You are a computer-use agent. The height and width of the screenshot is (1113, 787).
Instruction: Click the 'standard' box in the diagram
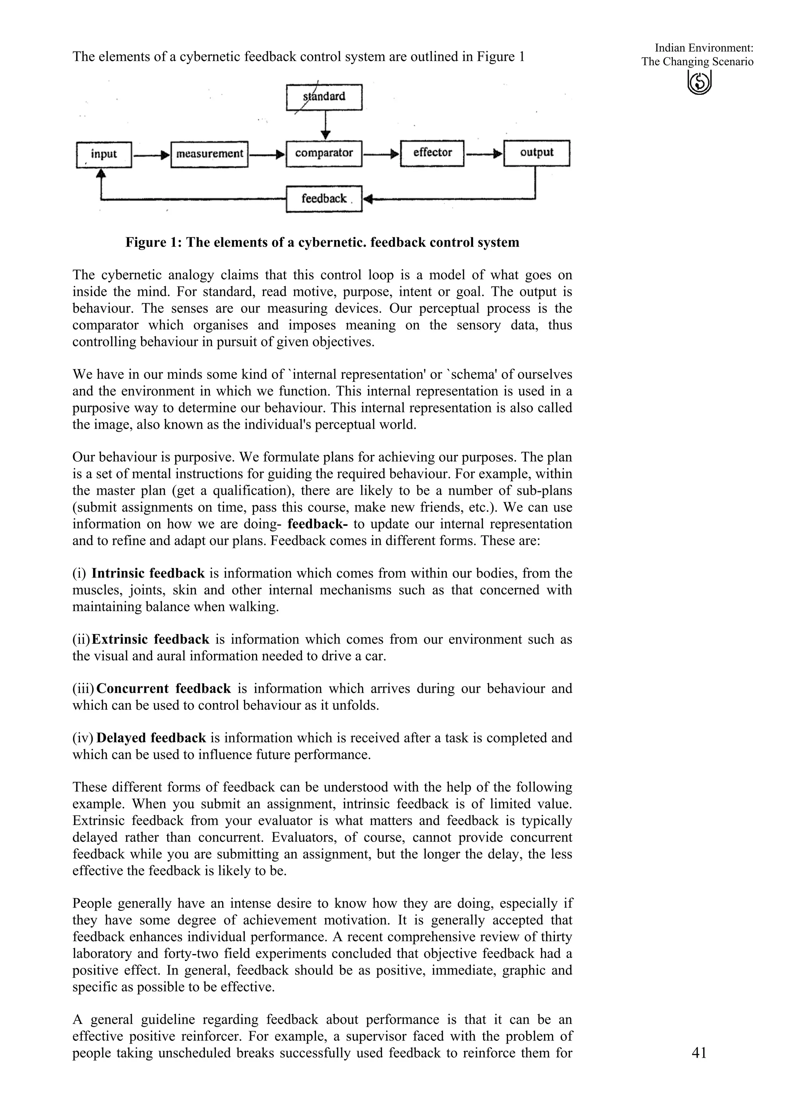pos(324,97)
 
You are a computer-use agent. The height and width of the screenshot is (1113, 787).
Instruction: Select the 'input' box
pos(104,154)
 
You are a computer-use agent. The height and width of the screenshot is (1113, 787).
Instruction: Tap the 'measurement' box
pos(209,154)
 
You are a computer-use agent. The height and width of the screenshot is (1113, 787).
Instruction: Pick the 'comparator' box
pos(324,154)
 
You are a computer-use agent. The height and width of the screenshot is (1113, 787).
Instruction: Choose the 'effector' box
pos(432,153)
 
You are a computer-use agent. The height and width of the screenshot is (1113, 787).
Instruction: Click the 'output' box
pos(537,153)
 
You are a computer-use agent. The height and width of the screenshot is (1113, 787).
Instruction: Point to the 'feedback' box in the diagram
pos(324,199)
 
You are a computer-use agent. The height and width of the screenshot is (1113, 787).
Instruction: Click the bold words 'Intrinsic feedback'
pos(148,573)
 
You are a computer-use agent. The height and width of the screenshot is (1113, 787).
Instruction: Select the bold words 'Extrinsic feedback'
pos(150,639)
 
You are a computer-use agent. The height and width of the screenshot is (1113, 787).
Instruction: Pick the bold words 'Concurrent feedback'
pos(164,689)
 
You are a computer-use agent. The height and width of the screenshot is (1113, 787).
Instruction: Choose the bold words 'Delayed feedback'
pos(151,738)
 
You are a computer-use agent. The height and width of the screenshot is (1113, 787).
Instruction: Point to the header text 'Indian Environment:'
pos(704,48)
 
